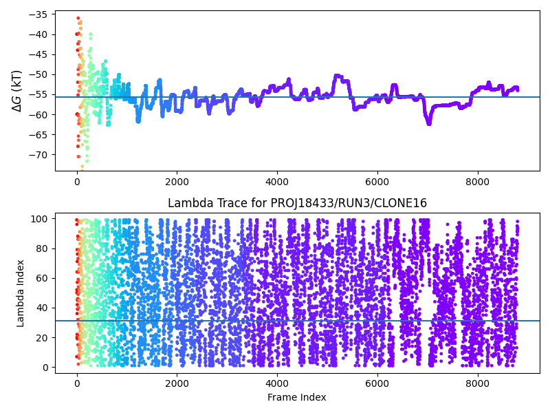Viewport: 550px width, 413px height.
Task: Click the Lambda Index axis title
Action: (x=21, y=293)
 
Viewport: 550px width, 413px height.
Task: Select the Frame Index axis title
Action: (x=297, y=397)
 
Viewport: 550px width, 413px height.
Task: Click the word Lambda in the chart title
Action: (x=186, y=203)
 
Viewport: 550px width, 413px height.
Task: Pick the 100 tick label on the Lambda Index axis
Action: (x=42, y=219)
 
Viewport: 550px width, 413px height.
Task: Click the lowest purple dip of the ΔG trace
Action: (x=428, y=123)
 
